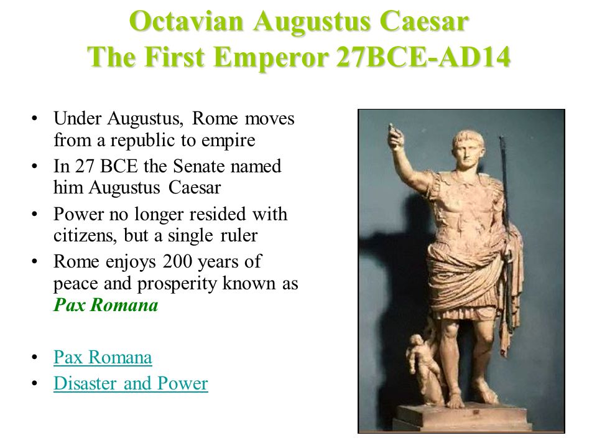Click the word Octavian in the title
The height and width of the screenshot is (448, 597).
[186, 21]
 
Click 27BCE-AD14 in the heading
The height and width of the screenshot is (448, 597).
[423, 57]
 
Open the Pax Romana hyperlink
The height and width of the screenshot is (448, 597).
[103, 357]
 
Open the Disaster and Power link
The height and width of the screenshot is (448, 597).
[131, 383]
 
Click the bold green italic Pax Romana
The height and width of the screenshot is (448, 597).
[106, 305]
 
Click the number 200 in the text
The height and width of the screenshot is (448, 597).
[177, 262]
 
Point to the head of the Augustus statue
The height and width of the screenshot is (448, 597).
[468, 149]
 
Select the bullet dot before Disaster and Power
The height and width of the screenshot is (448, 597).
[35, 383]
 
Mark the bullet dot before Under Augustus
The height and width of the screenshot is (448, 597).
[35, 118]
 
